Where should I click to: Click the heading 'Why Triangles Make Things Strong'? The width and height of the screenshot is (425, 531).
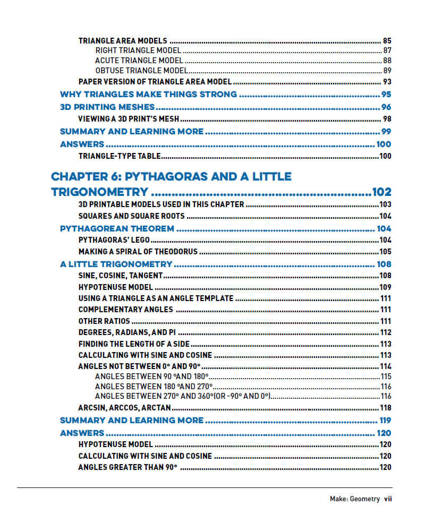pyautogui.click(x=148, y=95)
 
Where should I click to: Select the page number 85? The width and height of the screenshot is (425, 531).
pyautogui.click(x=387, y=40)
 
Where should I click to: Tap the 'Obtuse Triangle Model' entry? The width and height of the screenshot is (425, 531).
pyautogui.click(x=141, y=71)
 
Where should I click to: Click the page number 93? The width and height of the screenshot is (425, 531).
pyautogui.click(x=387, y=82)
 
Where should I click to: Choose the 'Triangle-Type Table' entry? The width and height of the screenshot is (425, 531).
pyautogui.click(x=120, y=156)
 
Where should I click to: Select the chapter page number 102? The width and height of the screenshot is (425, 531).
pyautogui.click(x=381, y=192)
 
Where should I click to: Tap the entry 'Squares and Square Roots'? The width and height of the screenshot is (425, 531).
pyautogui.click(x=131, y=216)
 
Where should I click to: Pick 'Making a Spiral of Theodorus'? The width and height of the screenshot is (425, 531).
pyautogui.click(x=138, y=252)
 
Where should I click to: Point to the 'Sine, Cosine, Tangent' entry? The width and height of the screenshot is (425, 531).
pyautogui.click(x=120, y=276)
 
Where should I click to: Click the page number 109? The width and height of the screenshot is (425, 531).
pyautogui.click(x=385, y=287)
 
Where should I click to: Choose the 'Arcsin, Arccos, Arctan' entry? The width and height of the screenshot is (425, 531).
pyautogui.click(x=125, y=408)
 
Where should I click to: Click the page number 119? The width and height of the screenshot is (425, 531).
pyautogui.click(x=385, y=421)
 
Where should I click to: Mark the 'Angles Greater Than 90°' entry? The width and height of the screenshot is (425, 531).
pyautogui.click(x=127, y=467)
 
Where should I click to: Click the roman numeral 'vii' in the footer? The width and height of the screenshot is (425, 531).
pyautogui.click(x=388, y=499)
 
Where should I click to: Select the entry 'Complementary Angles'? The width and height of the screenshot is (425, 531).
pyautogui.click(x=125, y=310)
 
